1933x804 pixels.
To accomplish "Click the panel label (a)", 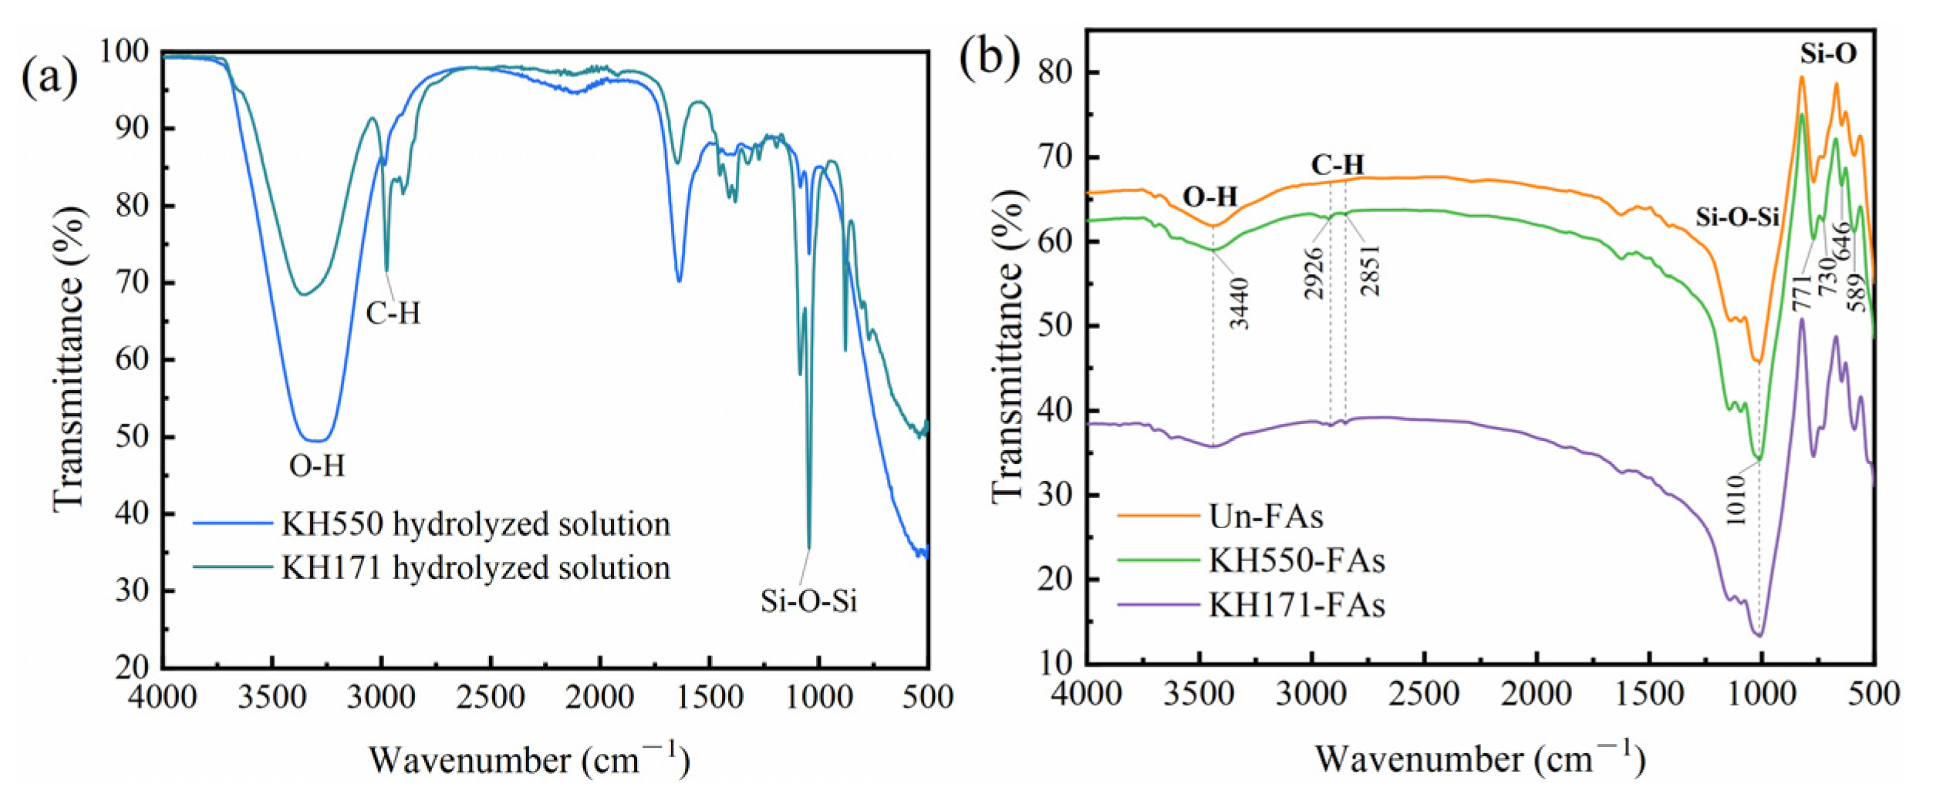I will [49, 78].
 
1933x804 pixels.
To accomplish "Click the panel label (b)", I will [989, 58].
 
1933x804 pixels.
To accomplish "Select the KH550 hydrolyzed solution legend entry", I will [474, 524].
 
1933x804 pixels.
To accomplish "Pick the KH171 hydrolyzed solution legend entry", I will [474, 568].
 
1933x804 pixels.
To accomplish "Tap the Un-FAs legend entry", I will [1265, 516].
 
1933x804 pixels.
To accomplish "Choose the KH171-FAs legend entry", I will [1296, 604].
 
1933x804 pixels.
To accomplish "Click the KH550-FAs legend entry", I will [1296, 560].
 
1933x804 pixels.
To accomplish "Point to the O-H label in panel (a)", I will [317, 466].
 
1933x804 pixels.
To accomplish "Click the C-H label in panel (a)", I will [393, 314].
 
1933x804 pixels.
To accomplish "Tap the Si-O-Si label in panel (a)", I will [808, 601].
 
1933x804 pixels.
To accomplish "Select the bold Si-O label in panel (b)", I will [1828, 53].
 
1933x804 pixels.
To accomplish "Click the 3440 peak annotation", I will [1240, 304].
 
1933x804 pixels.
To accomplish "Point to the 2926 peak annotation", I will [1314, 273].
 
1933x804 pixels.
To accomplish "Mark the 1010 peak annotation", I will [1736, 500].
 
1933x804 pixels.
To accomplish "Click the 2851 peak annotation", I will [1371, 271].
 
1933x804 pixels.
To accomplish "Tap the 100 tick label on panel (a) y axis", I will [123, 51].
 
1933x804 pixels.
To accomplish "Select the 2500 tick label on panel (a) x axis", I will [490, 698].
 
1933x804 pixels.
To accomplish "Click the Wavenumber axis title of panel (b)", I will [1479, 759].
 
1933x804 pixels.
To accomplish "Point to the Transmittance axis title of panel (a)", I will [69, 358].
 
